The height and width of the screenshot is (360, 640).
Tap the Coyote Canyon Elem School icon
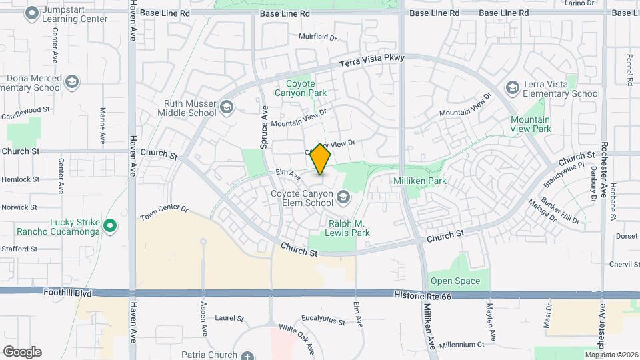343,196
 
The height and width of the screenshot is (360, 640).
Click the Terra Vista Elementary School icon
512,88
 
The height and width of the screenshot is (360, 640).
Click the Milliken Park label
437,181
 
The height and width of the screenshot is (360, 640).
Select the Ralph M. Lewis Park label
349,228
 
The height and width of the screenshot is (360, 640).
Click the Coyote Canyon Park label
306,88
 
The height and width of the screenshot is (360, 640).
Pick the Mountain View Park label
531,124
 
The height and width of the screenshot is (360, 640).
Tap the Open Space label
455,281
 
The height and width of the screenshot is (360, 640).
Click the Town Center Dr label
165,212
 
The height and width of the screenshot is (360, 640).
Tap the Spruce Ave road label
265,126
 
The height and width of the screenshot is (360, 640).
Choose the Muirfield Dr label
318,37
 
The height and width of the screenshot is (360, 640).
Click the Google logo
22,351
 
